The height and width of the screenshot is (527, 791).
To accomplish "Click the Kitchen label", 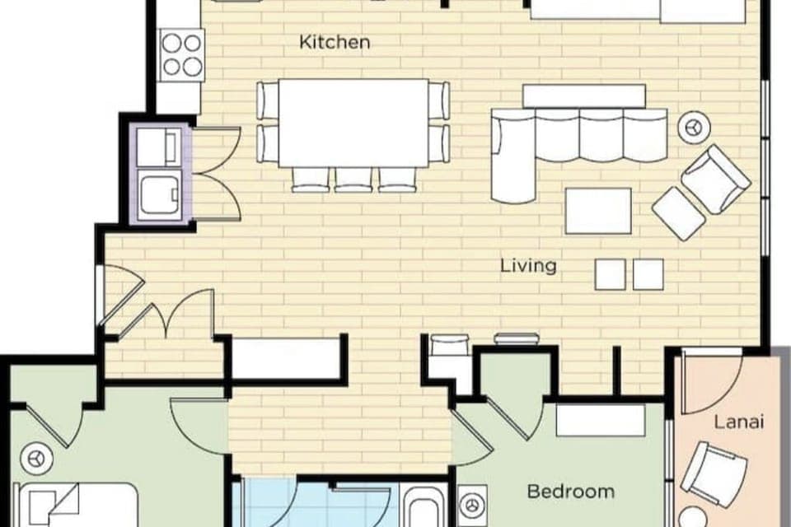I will click(x=334, y=42).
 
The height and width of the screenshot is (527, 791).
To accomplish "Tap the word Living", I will click(x=529, y=266).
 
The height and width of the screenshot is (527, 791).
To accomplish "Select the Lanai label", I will click(x=739, y=422).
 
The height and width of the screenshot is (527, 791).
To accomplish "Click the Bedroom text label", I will click(x=570, y=492).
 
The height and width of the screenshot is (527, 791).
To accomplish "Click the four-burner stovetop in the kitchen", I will click(x=181, y=54).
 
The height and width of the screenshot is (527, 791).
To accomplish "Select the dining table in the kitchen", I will click(x=353, y=122).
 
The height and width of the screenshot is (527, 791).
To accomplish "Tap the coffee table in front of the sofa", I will click(x=598, y=211).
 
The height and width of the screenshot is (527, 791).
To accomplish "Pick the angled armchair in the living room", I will click(x=715, y=179).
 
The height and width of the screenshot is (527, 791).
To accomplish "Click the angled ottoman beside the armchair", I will click(x=679, y=213).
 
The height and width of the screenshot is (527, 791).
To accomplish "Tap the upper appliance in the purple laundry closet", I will click(x=157, y=147).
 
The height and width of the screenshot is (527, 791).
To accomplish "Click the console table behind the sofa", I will click(x=584, y=96).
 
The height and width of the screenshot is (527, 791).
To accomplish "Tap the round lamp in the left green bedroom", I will click(x=35, y=457).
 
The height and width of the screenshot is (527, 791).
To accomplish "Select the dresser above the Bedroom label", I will click(x=600, y=421).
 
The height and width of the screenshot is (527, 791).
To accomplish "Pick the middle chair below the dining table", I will click(x=353, y=179).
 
